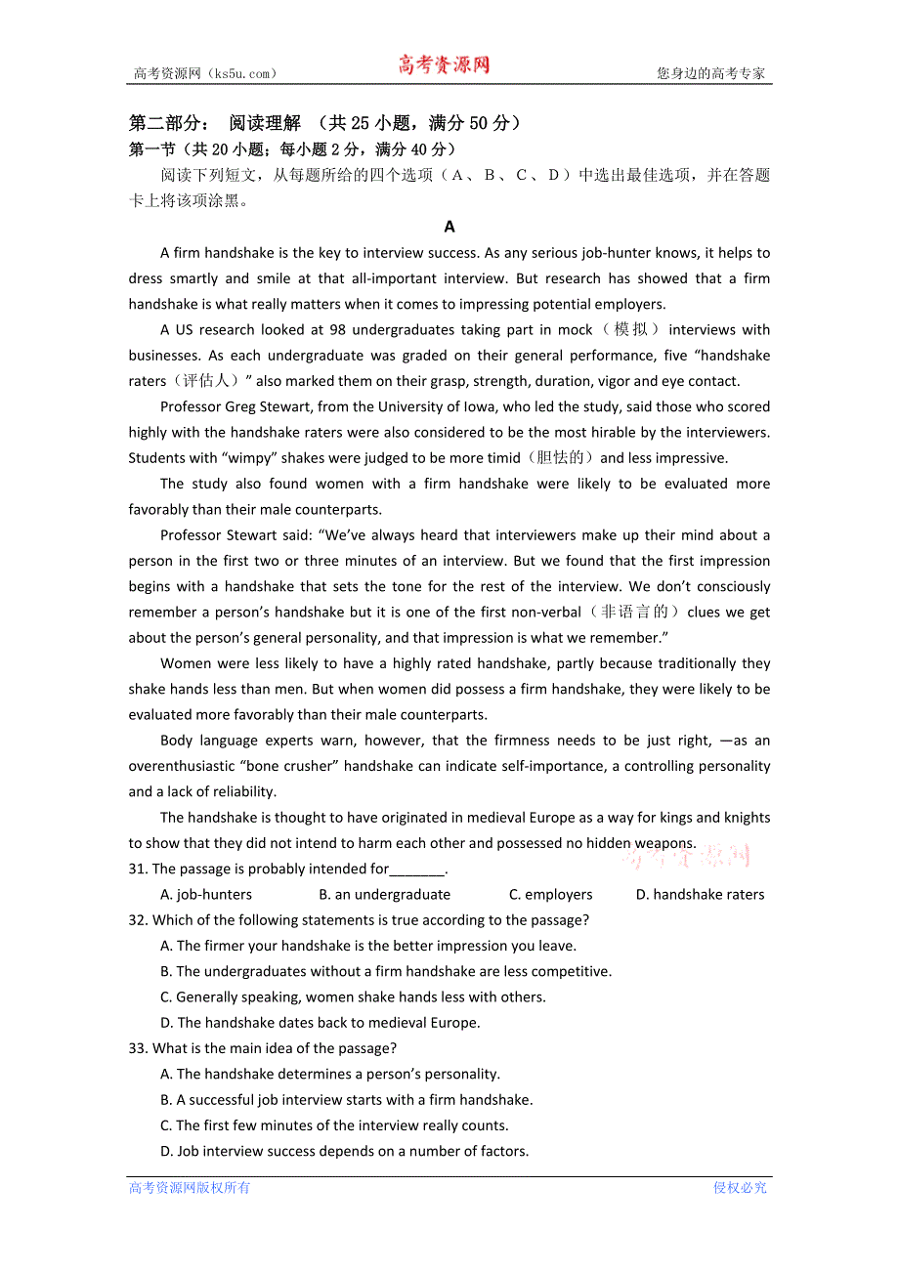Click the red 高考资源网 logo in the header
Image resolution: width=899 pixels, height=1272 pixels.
tap(443, 65)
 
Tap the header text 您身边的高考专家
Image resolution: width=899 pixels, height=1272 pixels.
tap(710, 73)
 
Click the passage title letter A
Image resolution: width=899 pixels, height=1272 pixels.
tap(449, 227)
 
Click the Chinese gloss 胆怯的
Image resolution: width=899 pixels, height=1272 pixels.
tap(561, 458)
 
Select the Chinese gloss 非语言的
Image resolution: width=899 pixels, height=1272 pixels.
tap(634, 613)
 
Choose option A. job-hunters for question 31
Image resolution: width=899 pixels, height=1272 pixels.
tap(206, 894)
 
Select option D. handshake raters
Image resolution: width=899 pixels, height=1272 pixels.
tap(700, 894)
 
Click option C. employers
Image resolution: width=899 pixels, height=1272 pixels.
tap(550, 894)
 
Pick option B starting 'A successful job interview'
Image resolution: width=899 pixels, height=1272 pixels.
tap(346, 1100)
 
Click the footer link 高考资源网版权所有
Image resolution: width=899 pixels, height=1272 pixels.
tap(190, 1188)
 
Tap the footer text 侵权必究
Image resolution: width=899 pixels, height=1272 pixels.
tap(740, 1188)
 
